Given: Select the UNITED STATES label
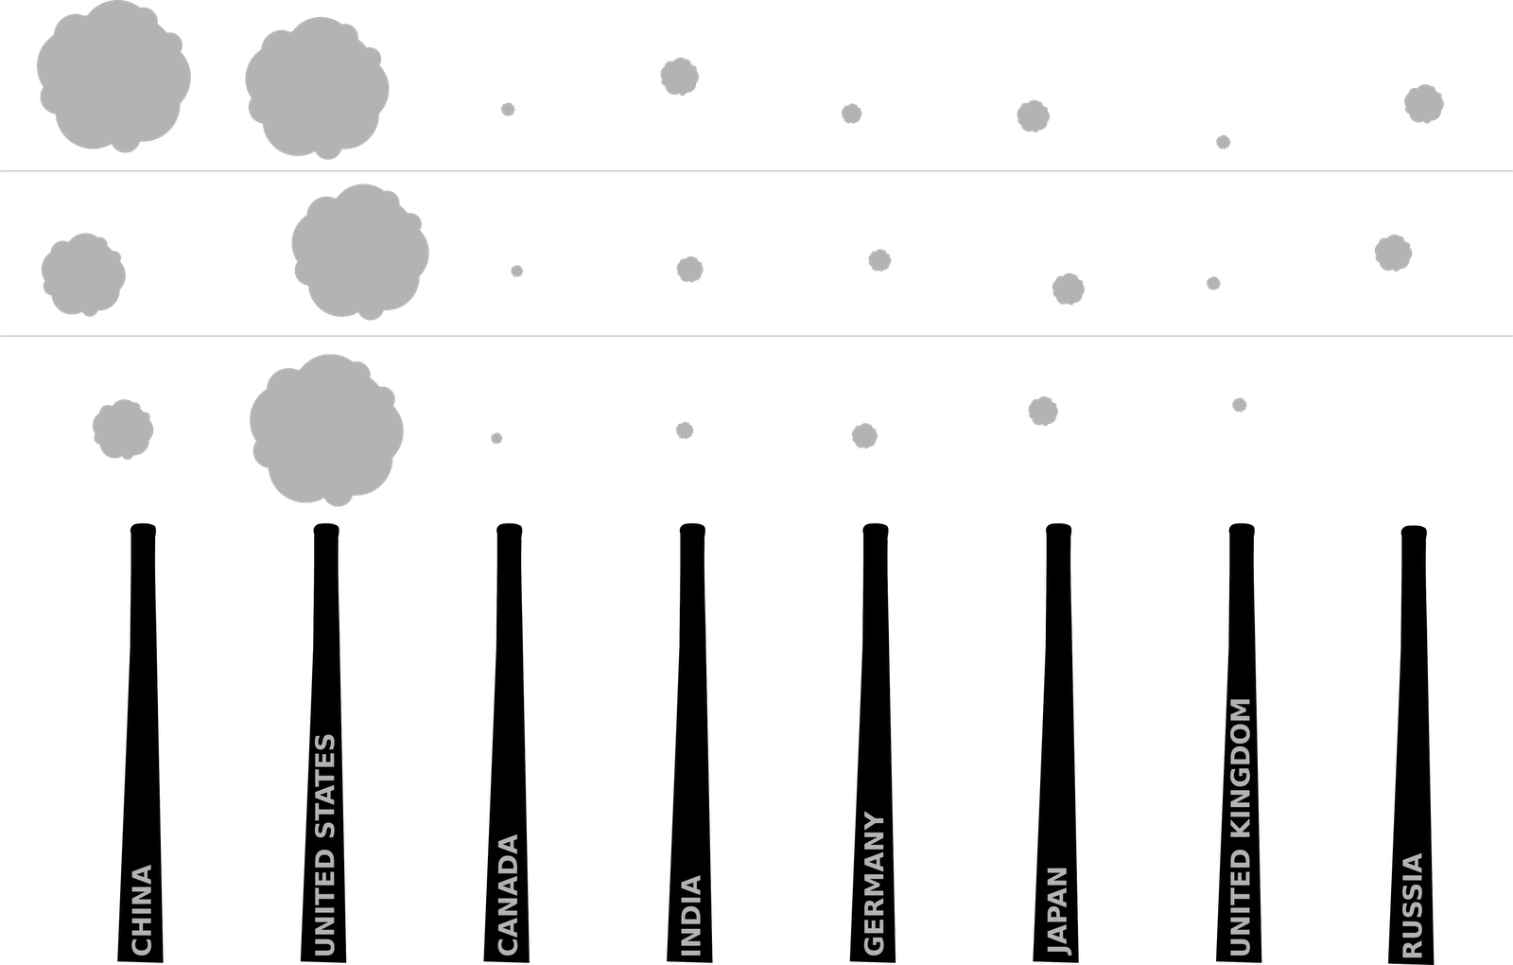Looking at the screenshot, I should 324,844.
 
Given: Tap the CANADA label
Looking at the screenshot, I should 508,893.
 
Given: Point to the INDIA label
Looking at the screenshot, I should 691,914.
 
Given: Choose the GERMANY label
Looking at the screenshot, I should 875,883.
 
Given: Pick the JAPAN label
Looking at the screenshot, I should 1058,909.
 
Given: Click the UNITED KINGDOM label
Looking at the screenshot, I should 1241,827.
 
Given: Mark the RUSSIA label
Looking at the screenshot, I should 1412,904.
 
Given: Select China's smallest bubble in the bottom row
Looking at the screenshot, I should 123,429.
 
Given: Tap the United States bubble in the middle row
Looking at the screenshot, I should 360,251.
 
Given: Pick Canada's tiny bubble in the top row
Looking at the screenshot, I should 508,110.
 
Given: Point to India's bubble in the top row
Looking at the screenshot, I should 679,77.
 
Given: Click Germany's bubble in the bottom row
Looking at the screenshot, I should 864,435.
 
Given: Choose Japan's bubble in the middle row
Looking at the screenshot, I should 1068,289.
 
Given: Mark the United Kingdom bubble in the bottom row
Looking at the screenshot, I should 1240,405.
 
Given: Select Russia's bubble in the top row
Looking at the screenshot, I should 1423,104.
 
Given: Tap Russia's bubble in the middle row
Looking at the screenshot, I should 1393,253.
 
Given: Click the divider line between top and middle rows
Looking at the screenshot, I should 756,170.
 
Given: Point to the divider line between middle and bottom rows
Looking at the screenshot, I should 756,334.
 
